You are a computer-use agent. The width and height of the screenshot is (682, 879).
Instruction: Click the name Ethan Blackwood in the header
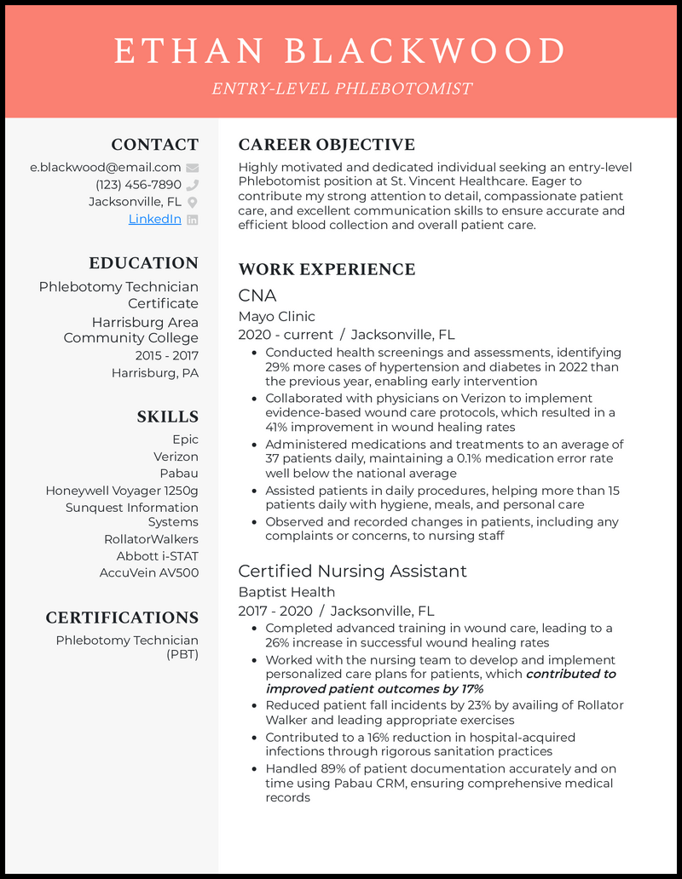tap(340, 51)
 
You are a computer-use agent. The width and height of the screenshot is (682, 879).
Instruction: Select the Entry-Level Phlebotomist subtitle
tap(340, 89)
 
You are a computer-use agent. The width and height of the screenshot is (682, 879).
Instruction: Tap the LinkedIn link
tap(154, 219)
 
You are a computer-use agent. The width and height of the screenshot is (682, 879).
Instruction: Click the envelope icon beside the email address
tap(192, 168)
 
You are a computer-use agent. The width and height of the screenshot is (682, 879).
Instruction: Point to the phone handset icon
tap(192, 185)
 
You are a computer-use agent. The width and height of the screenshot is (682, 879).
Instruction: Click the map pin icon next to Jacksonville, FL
tap(192, 202)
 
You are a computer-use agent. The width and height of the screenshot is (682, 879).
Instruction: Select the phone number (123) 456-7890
tap(138, 185)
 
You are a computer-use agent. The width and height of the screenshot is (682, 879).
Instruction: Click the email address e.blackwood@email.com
tap(105, 168)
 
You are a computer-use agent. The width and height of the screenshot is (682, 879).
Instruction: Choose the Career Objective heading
tap(327, 145)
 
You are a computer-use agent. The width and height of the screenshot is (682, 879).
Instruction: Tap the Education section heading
tap(143, 263)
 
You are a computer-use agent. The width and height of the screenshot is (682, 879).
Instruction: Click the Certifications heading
tap(122, 618)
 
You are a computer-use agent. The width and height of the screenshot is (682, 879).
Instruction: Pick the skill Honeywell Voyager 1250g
tap(122, 491)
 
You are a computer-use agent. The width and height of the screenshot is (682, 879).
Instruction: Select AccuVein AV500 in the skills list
tap(148, 572)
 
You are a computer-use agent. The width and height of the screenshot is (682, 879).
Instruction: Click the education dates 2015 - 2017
tap(166, 355)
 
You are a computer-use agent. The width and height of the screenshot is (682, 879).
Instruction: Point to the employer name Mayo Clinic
tap(276, 316)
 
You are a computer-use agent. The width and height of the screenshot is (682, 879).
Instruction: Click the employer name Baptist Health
tap(286, 592)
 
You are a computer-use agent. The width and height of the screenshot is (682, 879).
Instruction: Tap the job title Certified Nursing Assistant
tap(352, 571)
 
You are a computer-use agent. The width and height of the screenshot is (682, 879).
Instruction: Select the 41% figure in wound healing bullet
tap(277, 427)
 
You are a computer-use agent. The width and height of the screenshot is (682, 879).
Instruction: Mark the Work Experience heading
tap(327, 269)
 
